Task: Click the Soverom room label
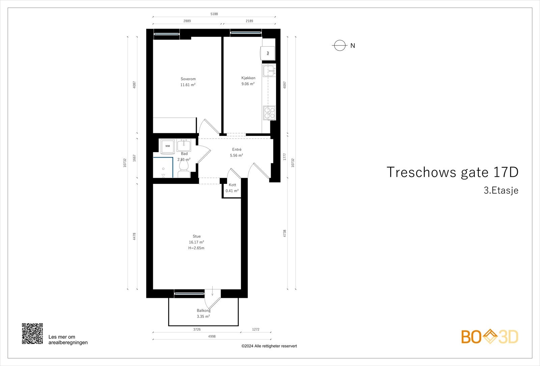[x=188, y=79]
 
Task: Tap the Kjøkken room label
[x=248, y=78]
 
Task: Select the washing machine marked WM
[x=167, y=146]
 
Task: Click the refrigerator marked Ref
[x=268, y=53]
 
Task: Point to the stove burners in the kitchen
[x=269, y=113]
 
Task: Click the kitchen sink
[x=269, y=71]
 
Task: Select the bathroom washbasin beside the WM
[x=184, y=145]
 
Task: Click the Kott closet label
[x=232, y=185]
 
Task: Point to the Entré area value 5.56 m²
[x=236, y=156]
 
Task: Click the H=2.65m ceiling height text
[x=196, y=248]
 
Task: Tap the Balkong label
[x=204, y=310]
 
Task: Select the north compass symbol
[x=340, y=46]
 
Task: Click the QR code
[x=32, y=333]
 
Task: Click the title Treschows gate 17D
[x=452, y=172]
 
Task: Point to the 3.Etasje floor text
[x=501, y=191]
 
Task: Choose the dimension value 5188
[x=214, y=14]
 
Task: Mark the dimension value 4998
[x=212, y=336]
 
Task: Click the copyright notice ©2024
[x=269, y=346]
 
